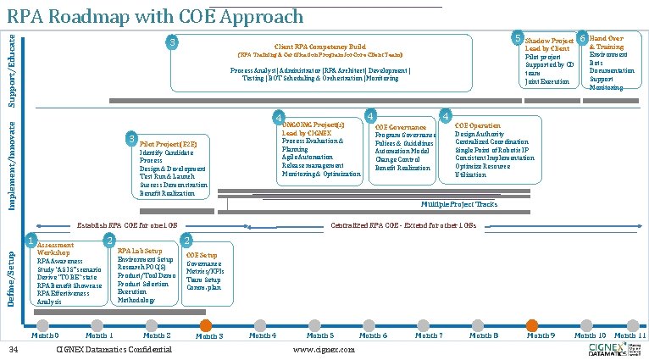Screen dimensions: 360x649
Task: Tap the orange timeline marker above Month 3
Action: pyautogui.click(x=205, y=325)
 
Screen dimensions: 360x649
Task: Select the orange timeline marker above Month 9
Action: pyautogui.click(x=532, y=325)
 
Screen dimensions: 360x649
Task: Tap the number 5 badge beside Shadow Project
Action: pyautogui.click(x=517, y=38)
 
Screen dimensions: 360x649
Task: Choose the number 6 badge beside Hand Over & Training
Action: pyautogui.click(x=583, y=38)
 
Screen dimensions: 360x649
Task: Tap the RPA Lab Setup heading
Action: pyautogui.click(x=140, y=251)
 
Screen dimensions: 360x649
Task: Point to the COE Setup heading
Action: pyautogui.click(x=202, y=255)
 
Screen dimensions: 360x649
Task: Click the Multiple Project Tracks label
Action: pyautogui.click(x=459, y=205)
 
